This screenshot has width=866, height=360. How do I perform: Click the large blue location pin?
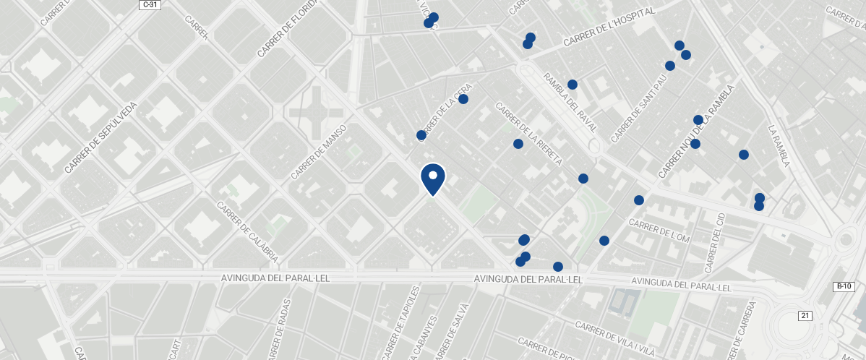tap(432, 179)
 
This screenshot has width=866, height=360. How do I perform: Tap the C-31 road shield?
tap(150, 4)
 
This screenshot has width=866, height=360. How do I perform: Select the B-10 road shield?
tap(842, 287)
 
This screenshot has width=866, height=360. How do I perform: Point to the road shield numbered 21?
tap(805, 315)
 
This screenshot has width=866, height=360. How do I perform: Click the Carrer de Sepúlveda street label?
tap(100, 137)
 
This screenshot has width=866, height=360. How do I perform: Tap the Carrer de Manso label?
tap(319, 152)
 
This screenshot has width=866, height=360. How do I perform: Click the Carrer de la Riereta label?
tap(528, 134)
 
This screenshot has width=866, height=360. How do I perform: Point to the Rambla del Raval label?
tap(570, 102)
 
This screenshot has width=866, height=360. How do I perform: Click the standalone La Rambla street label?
tap(779, 145)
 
